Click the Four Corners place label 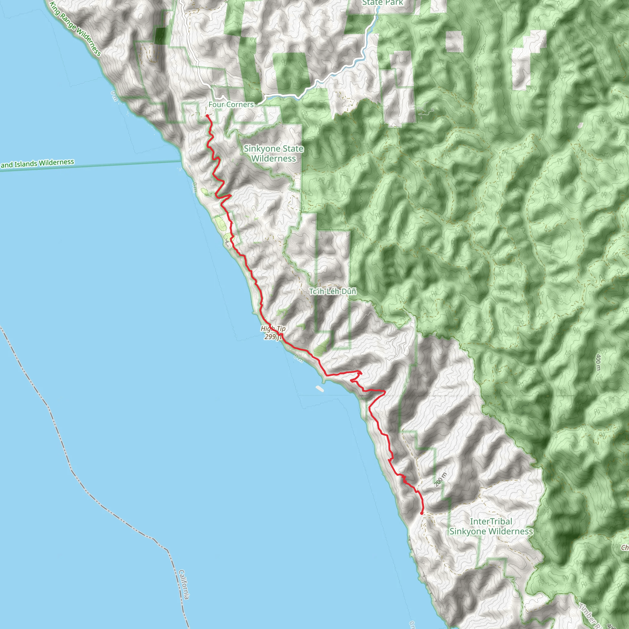coord(231,104)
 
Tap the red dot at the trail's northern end coord(207,115)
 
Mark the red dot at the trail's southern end coord(422,514)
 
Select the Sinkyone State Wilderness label coord(273,153)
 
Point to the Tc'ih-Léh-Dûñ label coord(332,291)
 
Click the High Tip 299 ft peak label coord(273,332)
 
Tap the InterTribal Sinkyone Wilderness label coord(491,526)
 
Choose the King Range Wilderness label coord(76,29)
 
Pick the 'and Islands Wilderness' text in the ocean coord(37,163)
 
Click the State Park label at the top coord(383,3)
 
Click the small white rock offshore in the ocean coord(319,388)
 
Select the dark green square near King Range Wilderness coord(160,36)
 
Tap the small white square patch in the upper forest coord(454,41)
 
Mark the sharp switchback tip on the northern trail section coord(231,195)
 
